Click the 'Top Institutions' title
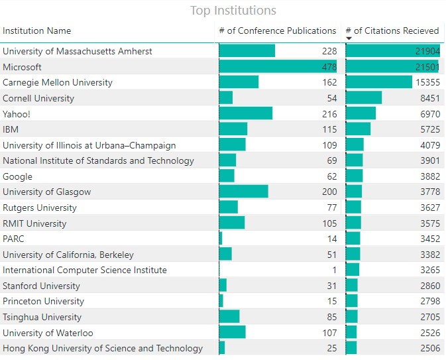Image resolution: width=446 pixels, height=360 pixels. (x=233, y=11)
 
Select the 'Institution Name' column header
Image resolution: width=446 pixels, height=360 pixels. (x=37, y=30)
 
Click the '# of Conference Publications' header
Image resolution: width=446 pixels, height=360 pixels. (x=277, y=30)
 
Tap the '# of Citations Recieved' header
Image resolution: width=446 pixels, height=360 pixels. (x=392, y=30)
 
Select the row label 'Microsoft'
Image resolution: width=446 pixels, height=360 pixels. (x=22, y=67)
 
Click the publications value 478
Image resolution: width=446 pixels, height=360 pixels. (x=329, y=67)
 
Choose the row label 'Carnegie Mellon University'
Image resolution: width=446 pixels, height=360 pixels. (x=58, y=82)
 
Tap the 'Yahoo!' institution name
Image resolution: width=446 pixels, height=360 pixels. (x=17, y=114)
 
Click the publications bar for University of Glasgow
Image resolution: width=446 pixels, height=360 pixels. (x=243, y=192)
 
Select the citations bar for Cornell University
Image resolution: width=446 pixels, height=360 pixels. (x=364, y=98)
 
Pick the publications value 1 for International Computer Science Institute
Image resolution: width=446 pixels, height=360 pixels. (x=334, y=270)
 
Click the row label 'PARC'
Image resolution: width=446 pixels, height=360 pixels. (x=13, y=239)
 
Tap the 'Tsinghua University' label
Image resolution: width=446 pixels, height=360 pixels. (x=42, y=317)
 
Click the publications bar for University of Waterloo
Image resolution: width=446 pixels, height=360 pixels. (x=232, y=333)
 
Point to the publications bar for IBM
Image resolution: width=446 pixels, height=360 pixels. (x=233, y=129)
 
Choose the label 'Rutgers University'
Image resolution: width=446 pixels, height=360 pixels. (x=40, y=208)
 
